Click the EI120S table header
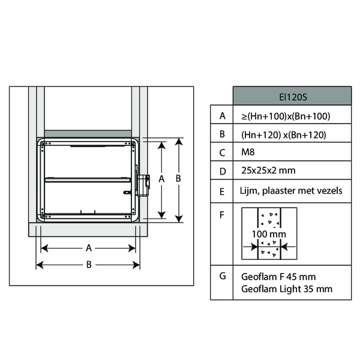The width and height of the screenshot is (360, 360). pos(293,97)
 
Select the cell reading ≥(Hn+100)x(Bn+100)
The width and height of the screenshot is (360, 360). pos(286,116)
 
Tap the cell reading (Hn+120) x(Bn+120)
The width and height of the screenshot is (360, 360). pos(284,135)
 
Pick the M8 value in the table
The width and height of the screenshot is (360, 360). pos(248,152)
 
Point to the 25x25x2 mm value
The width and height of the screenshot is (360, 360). pos(268,170)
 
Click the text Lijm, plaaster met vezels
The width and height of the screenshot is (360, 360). pos(291,191)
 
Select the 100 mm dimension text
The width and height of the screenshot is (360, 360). pos(269,234)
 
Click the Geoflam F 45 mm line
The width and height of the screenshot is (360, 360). pos(278,277)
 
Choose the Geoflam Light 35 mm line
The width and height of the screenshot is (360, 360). pos(287,289)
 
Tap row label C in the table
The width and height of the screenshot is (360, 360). pos(222,152)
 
